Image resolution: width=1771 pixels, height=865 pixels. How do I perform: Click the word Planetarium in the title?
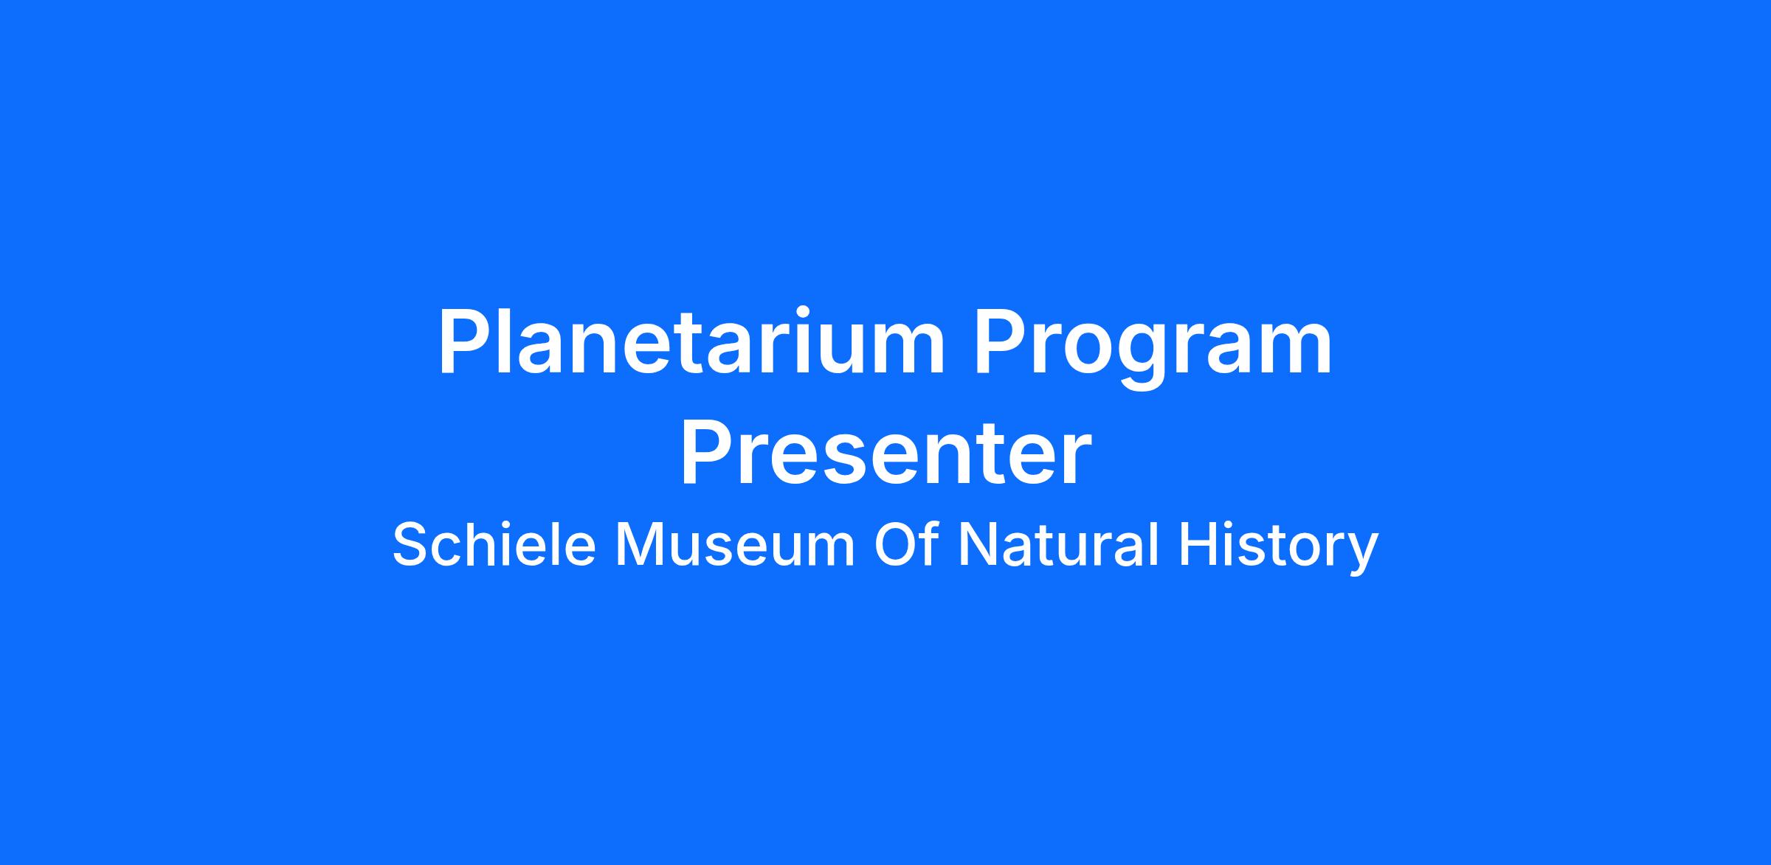[691, 342]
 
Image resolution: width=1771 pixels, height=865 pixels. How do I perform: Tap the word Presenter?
[885, 451]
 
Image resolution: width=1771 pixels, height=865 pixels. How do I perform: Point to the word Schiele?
[494, 544]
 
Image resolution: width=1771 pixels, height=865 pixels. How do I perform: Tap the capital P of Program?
[1001, 342]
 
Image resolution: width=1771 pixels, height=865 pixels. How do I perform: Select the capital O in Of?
[897, 544]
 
